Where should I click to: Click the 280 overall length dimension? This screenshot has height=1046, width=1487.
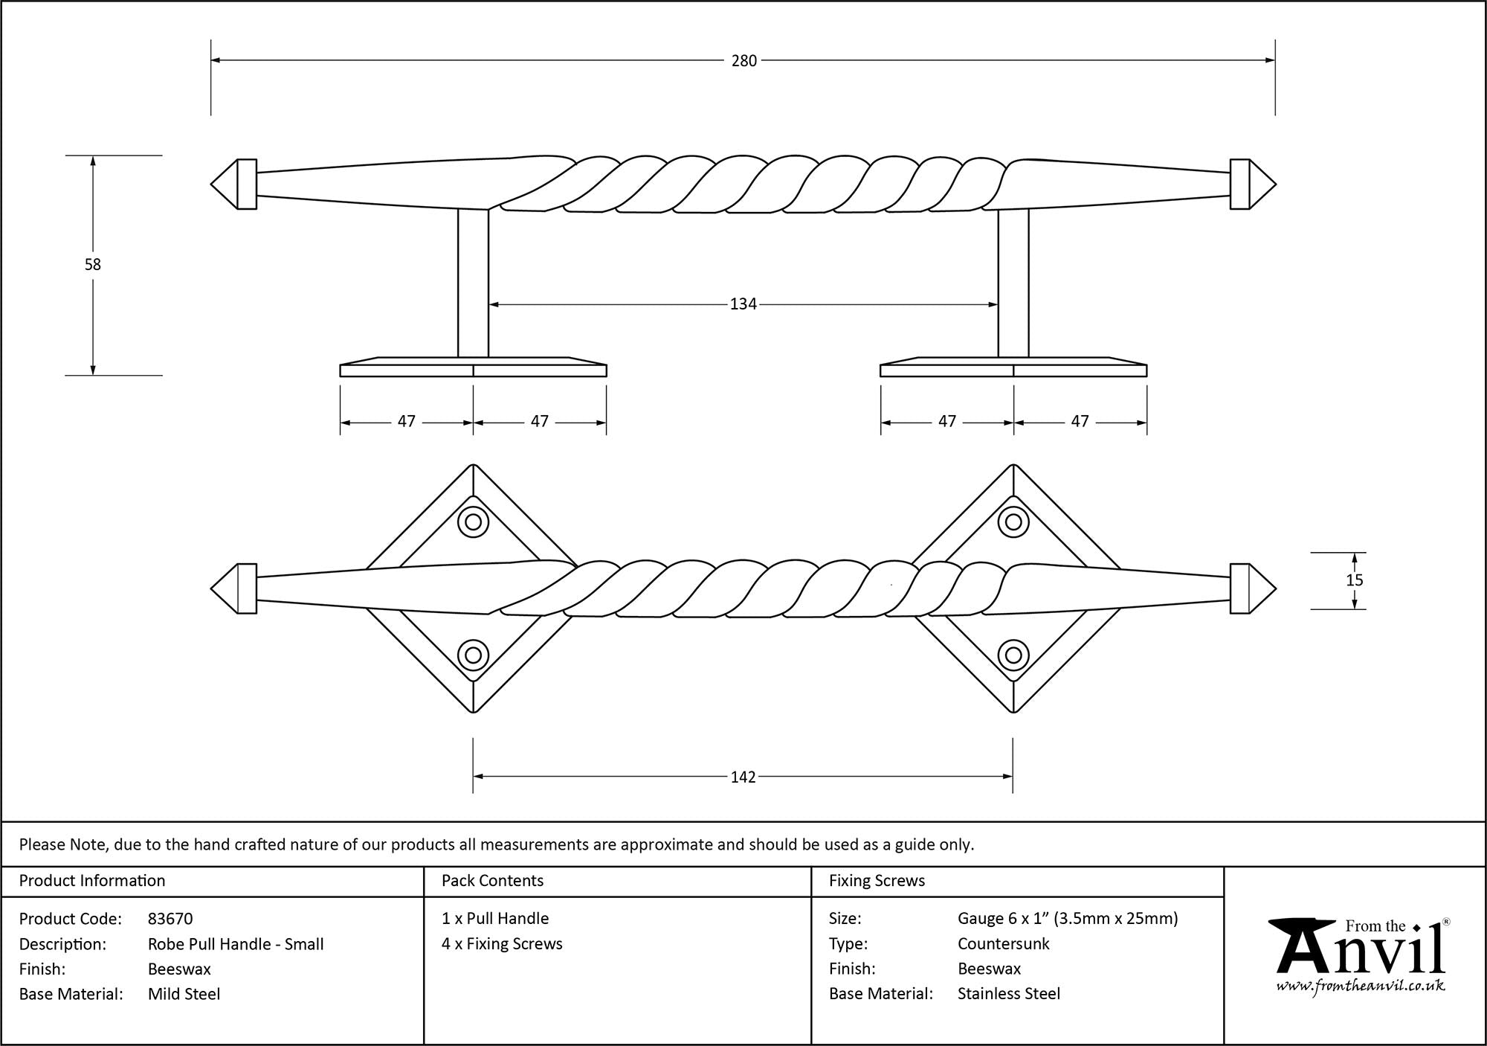[x=743, y=61]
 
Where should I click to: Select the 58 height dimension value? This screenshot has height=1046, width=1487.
[x=92, y=264]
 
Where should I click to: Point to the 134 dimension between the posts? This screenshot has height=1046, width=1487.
[x=743, y=304]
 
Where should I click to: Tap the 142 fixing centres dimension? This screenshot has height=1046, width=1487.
[x=743, y=777]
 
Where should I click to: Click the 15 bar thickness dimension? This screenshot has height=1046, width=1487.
[x=1354, y=580]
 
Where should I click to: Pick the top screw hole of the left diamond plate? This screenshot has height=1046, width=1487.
[x=473, y=522]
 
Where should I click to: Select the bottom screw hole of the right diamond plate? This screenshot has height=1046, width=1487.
[x=1013, y=655]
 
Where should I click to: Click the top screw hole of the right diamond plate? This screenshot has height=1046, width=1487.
[x=1013, y=522]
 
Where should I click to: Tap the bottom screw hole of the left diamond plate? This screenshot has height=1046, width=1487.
[x=473, y=655]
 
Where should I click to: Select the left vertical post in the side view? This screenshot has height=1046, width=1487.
[x=473, y=283]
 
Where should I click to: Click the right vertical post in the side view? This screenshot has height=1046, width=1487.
[x=1013, y=283]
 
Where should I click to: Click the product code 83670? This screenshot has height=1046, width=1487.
[x=170, y=919]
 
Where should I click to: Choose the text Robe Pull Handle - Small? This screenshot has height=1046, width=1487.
[x=236, y=944]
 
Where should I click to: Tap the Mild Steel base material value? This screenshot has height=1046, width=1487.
[x=184, y=994]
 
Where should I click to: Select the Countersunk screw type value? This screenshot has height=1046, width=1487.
[x=1003, y=944]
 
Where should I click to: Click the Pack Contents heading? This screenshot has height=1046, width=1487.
[x=492, y=881]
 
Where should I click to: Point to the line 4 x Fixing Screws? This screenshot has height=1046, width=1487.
[x=502, y=944]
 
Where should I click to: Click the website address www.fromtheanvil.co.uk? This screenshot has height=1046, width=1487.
[x=1361, y=986]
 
